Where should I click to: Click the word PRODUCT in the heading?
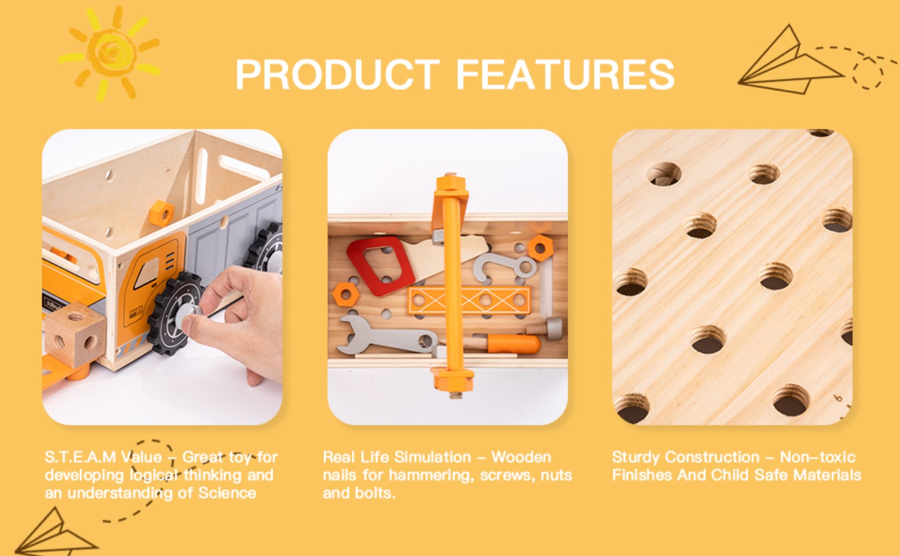tap(337, 74)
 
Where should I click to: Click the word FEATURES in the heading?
tap(565, 74)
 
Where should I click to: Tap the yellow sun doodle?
tap(109, 53)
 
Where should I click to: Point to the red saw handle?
tap(380, 265)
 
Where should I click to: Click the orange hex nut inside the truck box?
tap(162, 213)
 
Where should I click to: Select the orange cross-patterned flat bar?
tap(469, 300)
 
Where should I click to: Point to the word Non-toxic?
tap(818, 457)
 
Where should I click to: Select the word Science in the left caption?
tap(227, 493)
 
